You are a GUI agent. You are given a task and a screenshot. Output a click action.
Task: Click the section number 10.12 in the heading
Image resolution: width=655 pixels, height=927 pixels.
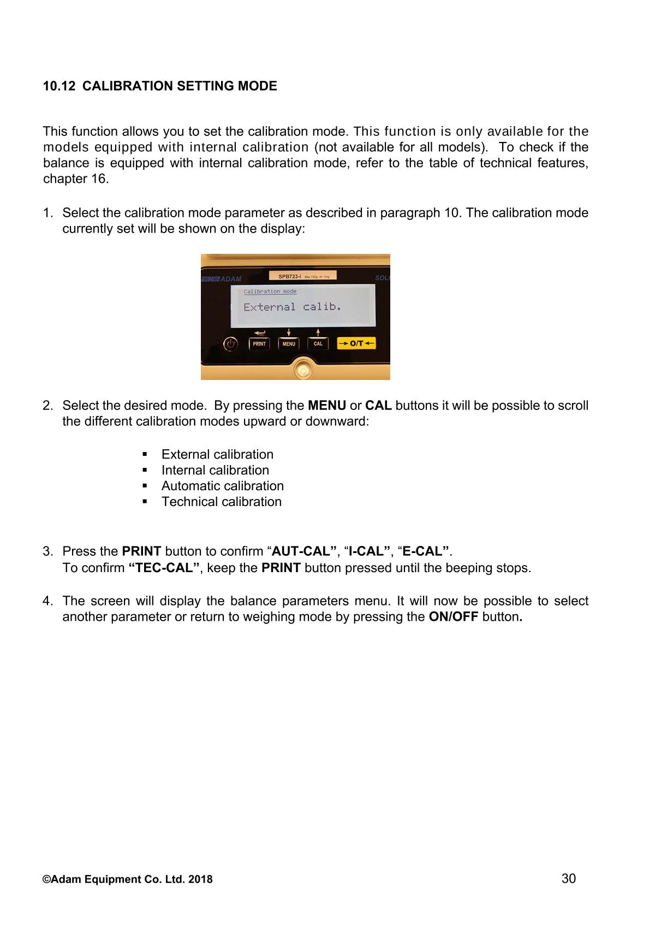click(x=59, y=86)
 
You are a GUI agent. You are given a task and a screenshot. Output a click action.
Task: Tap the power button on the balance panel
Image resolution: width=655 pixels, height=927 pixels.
click(x=231, y=344)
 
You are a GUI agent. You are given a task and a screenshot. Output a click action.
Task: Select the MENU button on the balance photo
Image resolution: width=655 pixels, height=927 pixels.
click(x=289, y=344)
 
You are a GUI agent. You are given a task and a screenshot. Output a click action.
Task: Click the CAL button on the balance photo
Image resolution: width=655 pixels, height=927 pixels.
click(x=318, y=344)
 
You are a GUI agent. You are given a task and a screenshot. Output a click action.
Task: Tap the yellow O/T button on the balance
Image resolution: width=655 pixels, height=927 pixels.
click(x=356, y=343)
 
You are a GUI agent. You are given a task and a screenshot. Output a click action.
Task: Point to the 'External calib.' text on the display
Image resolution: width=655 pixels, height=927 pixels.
click(x=292, y=307)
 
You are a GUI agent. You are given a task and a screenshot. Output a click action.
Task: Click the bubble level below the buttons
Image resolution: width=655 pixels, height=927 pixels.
click(x=301, y=371)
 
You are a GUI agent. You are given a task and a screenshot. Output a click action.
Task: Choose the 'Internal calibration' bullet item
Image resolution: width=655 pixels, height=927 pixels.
click(x=215, y=470)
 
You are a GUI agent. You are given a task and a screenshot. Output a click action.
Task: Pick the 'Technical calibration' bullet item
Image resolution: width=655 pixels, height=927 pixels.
click(x=221, y=502)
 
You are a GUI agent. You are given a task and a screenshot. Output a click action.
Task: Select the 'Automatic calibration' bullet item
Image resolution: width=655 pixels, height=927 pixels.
click(x=222, y=486)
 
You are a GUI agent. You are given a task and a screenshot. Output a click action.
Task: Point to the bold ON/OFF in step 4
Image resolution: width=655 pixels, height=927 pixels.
click(x=454, y=617)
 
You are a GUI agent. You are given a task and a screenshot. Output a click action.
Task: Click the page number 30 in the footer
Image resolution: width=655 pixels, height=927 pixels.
click(x=568, y=878)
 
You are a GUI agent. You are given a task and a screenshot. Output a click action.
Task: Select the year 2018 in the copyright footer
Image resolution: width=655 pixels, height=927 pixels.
click(x=201, y=880)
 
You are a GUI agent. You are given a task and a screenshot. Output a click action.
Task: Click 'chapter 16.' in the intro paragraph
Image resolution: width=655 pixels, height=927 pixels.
click(x=76, y=179)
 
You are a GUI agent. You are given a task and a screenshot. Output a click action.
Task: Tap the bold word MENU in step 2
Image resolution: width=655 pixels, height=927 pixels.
click(x=327, y=406)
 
